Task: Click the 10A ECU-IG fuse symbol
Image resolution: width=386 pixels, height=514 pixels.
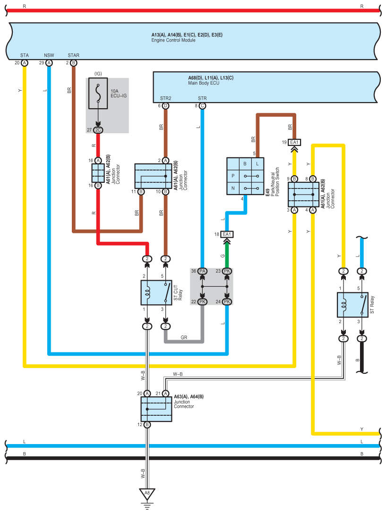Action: click(98, 94)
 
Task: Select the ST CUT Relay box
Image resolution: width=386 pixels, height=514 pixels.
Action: click(156, 293)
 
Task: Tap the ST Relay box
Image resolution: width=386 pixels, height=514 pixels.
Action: click(352, 305)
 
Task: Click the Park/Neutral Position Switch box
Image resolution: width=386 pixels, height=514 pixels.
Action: click(245, 176)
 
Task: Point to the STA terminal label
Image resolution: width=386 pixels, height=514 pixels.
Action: click(25, 55)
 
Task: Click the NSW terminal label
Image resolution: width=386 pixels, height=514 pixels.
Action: click(49, 55)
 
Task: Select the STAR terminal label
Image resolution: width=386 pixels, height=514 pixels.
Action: click(73, 55)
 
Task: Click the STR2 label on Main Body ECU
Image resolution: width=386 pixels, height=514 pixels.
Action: click(166, 98)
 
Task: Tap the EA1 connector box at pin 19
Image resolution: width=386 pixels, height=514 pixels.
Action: click(294, 142)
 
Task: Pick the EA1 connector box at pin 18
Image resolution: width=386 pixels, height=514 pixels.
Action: click(227, 234)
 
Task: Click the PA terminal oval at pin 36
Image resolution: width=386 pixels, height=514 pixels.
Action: click(202, 271)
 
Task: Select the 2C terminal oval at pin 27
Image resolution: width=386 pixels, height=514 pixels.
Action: click(98, 130)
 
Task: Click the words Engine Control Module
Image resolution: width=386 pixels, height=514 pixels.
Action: click(173, 40)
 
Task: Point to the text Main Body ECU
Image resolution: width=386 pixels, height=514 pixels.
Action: click(204, 83)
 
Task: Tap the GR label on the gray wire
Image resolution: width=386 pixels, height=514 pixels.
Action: click(184, 337)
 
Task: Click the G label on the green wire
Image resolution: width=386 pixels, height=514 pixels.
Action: click(223, 256)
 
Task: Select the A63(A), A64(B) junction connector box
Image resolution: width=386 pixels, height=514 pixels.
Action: click(156, 409)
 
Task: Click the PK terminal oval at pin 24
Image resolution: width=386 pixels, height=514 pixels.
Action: click(227, 301)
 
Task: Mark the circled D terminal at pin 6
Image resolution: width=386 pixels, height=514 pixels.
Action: click(166, 106)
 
